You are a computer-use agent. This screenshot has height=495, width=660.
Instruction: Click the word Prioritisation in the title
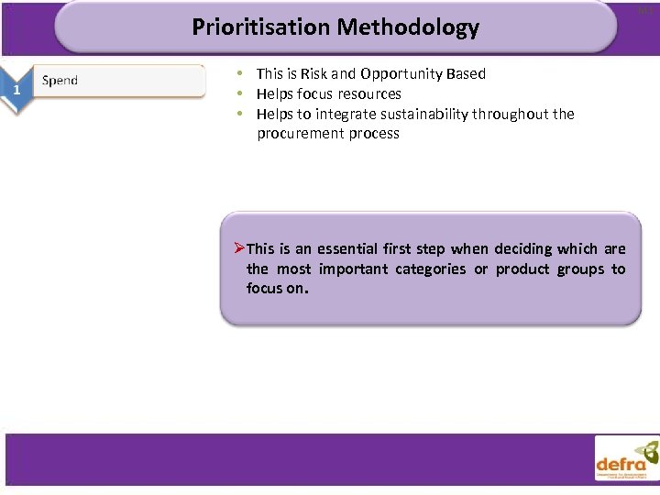(x=260, y=27)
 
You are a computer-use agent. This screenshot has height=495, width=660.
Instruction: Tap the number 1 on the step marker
(x=16, y=89)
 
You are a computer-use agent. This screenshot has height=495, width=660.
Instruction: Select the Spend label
(x=60, y=81)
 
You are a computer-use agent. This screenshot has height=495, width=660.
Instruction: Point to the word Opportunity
(x=400, y=73)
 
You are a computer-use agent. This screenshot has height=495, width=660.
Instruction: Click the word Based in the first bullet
(x=465, y=73)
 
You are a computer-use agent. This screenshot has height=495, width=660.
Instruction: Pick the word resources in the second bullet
(x=368, y=93)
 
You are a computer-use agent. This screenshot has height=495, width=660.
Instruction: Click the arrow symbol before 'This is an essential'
(x=237, y=248)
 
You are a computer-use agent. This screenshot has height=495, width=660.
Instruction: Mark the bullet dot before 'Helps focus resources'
(x=239, y=93)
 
